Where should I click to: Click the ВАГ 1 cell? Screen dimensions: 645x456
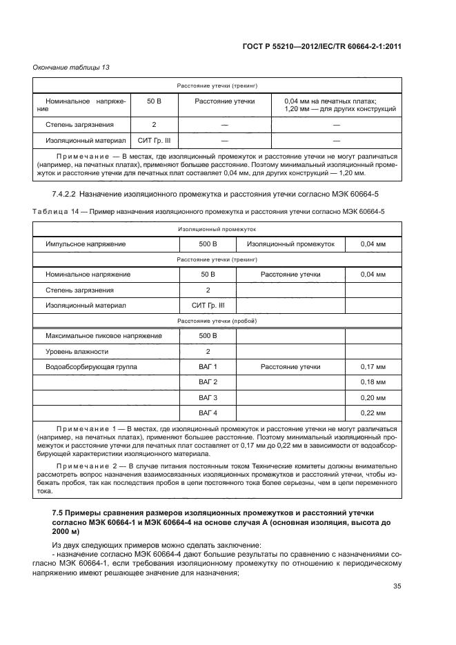[x=208, y=366]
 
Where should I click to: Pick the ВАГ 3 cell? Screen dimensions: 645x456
[x=208, y=398]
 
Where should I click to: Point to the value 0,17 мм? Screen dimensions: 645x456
[x=373, y=366]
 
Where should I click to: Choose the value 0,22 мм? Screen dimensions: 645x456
[x=373, y=414]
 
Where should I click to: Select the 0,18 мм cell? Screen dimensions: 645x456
[x=373, y=382]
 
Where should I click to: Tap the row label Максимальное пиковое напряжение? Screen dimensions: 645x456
[x=103, y=335]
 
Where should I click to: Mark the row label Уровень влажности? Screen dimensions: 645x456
[x=77, y=351]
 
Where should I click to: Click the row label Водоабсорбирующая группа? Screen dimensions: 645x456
[x=91, y=366]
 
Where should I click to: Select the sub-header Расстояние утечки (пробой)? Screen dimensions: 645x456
[x=217, y=321]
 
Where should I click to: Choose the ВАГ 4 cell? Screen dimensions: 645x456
[x=208, y=414]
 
